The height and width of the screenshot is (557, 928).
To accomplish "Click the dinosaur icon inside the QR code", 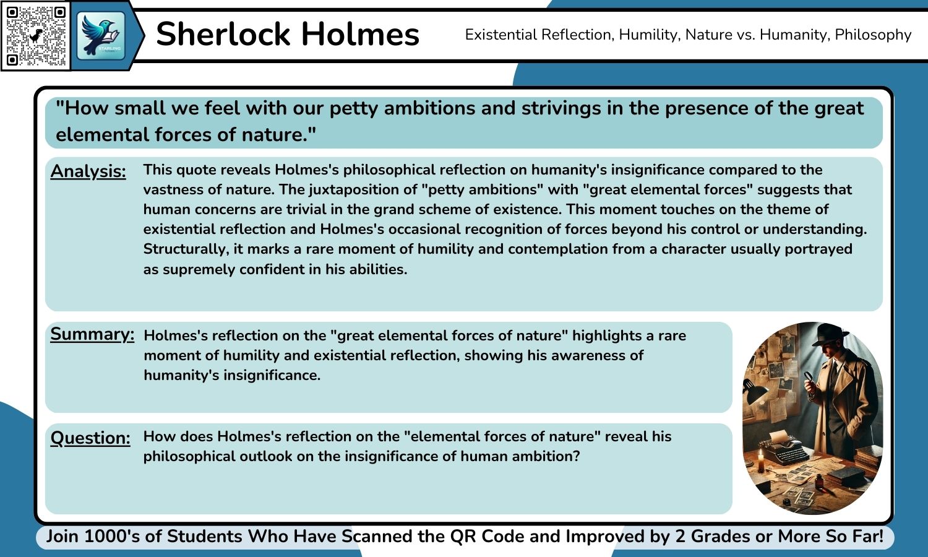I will pyautogui.click(x=37, y=35).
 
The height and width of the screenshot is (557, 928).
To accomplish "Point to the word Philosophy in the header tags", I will pyautogui.click(x=873, y=35).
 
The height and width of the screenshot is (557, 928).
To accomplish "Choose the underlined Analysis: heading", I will pyautogui.click(x=88, y=171).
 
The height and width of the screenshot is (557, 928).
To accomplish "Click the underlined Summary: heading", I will pyautogui.click(x=92, y=334).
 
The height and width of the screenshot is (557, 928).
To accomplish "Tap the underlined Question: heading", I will pyautogui.click(x=90, y=438).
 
